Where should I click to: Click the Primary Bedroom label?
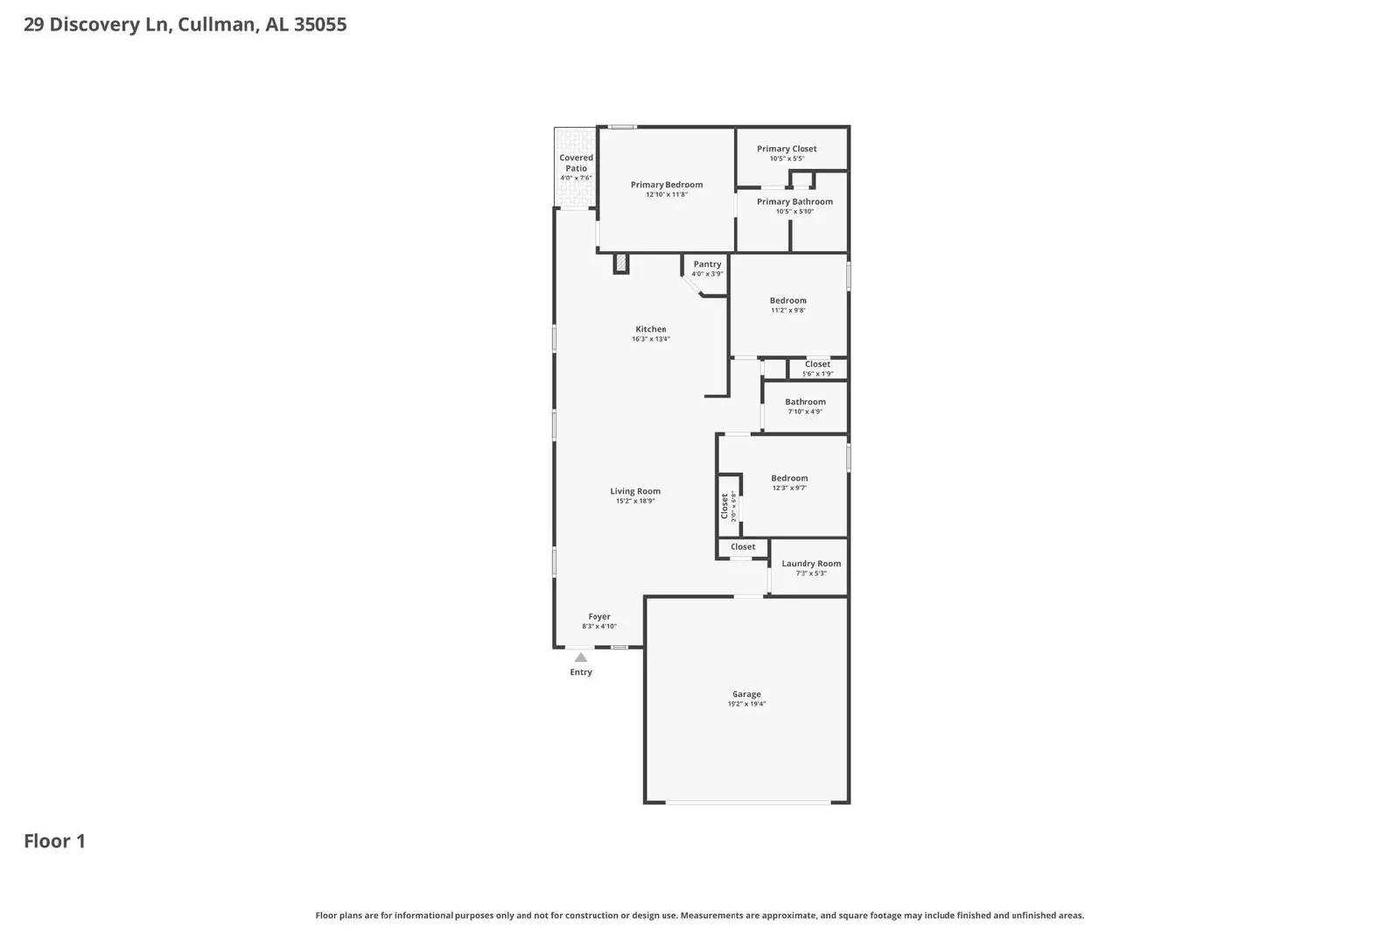tap(667, 185)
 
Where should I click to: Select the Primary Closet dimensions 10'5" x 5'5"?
tap(787, 159)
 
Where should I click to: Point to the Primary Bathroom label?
tap(794, 201)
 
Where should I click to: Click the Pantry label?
tap(707, 263)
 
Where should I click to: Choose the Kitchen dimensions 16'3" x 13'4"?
tap(650, 340)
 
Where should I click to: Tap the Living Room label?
tap(635, 491)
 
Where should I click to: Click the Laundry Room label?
tap(811, 564)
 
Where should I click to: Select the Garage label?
tap(746, 694)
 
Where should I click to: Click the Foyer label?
tap(599, 616)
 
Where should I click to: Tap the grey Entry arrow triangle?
tap(581, 657)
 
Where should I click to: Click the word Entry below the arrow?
tap(581, 672)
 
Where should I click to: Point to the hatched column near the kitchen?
tap(621, 263)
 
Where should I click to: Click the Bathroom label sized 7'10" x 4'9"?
tap(805, 402)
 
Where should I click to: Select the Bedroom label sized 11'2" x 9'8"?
tap(787, 300)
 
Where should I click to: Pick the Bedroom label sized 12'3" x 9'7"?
tap(789, 478)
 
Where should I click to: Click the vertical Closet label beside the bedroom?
tap(724, 505)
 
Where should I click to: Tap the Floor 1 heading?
tap(54, 841)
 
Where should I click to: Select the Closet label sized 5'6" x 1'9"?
tap(817, 364)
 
